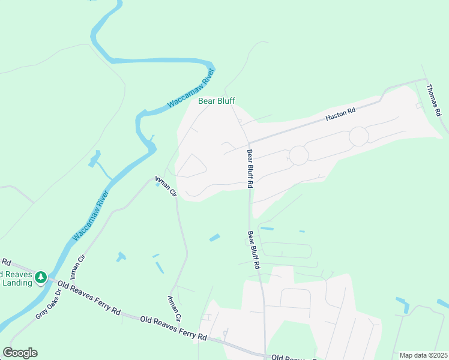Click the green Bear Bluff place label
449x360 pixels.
(x=217, y=101)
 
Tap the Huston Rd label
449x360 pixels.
(x=341, y=115)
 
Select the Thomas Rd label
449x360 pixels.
(x=434, y=100)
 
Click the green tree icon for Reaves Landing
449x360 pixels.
(x=41, y=277)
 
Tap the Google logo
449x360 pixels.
(x=20, y=352)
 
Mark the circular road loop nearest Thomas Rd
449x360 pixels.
(x=359, y=136)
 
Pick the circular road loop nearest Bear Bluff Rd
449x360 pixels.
(x=298, y=155)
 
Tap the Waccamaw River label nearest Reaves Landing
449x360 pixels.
(x=91, y=215)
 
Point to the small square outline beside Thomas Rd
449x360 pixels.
(x=418, y=106)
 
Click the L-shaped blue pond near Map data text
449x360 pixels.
(x=403, y=306)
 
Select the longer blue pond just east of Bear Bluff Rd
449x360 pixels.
(x=267, y=228)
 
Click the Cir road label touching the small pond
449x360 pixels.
(x=165, y=185)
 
